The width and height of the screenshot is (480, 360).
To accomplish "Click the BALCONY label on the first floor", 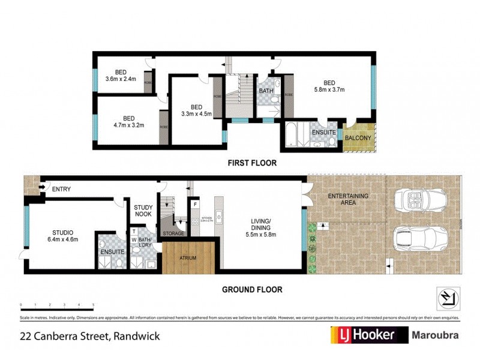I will click(x=358, y=138).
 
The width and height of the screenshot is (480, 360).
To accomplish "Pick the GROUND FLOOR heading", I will click(x=252, y=289).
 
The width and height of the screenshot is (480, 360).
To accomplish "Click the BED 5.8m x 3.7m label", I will click(x=329, y=86).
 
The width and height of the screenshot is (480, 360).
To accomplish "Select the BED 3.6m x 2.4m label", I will click(x=121, y=75).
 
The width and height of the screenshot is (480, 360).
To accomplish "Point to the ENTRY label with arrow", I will click(x=57, y=189).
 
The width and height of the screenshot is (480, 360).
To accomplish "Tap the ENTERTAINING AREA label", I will click(x=347, y=199).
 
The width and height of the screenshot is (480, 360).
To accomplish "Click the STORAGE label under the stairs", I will click(x=173, y=233).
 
